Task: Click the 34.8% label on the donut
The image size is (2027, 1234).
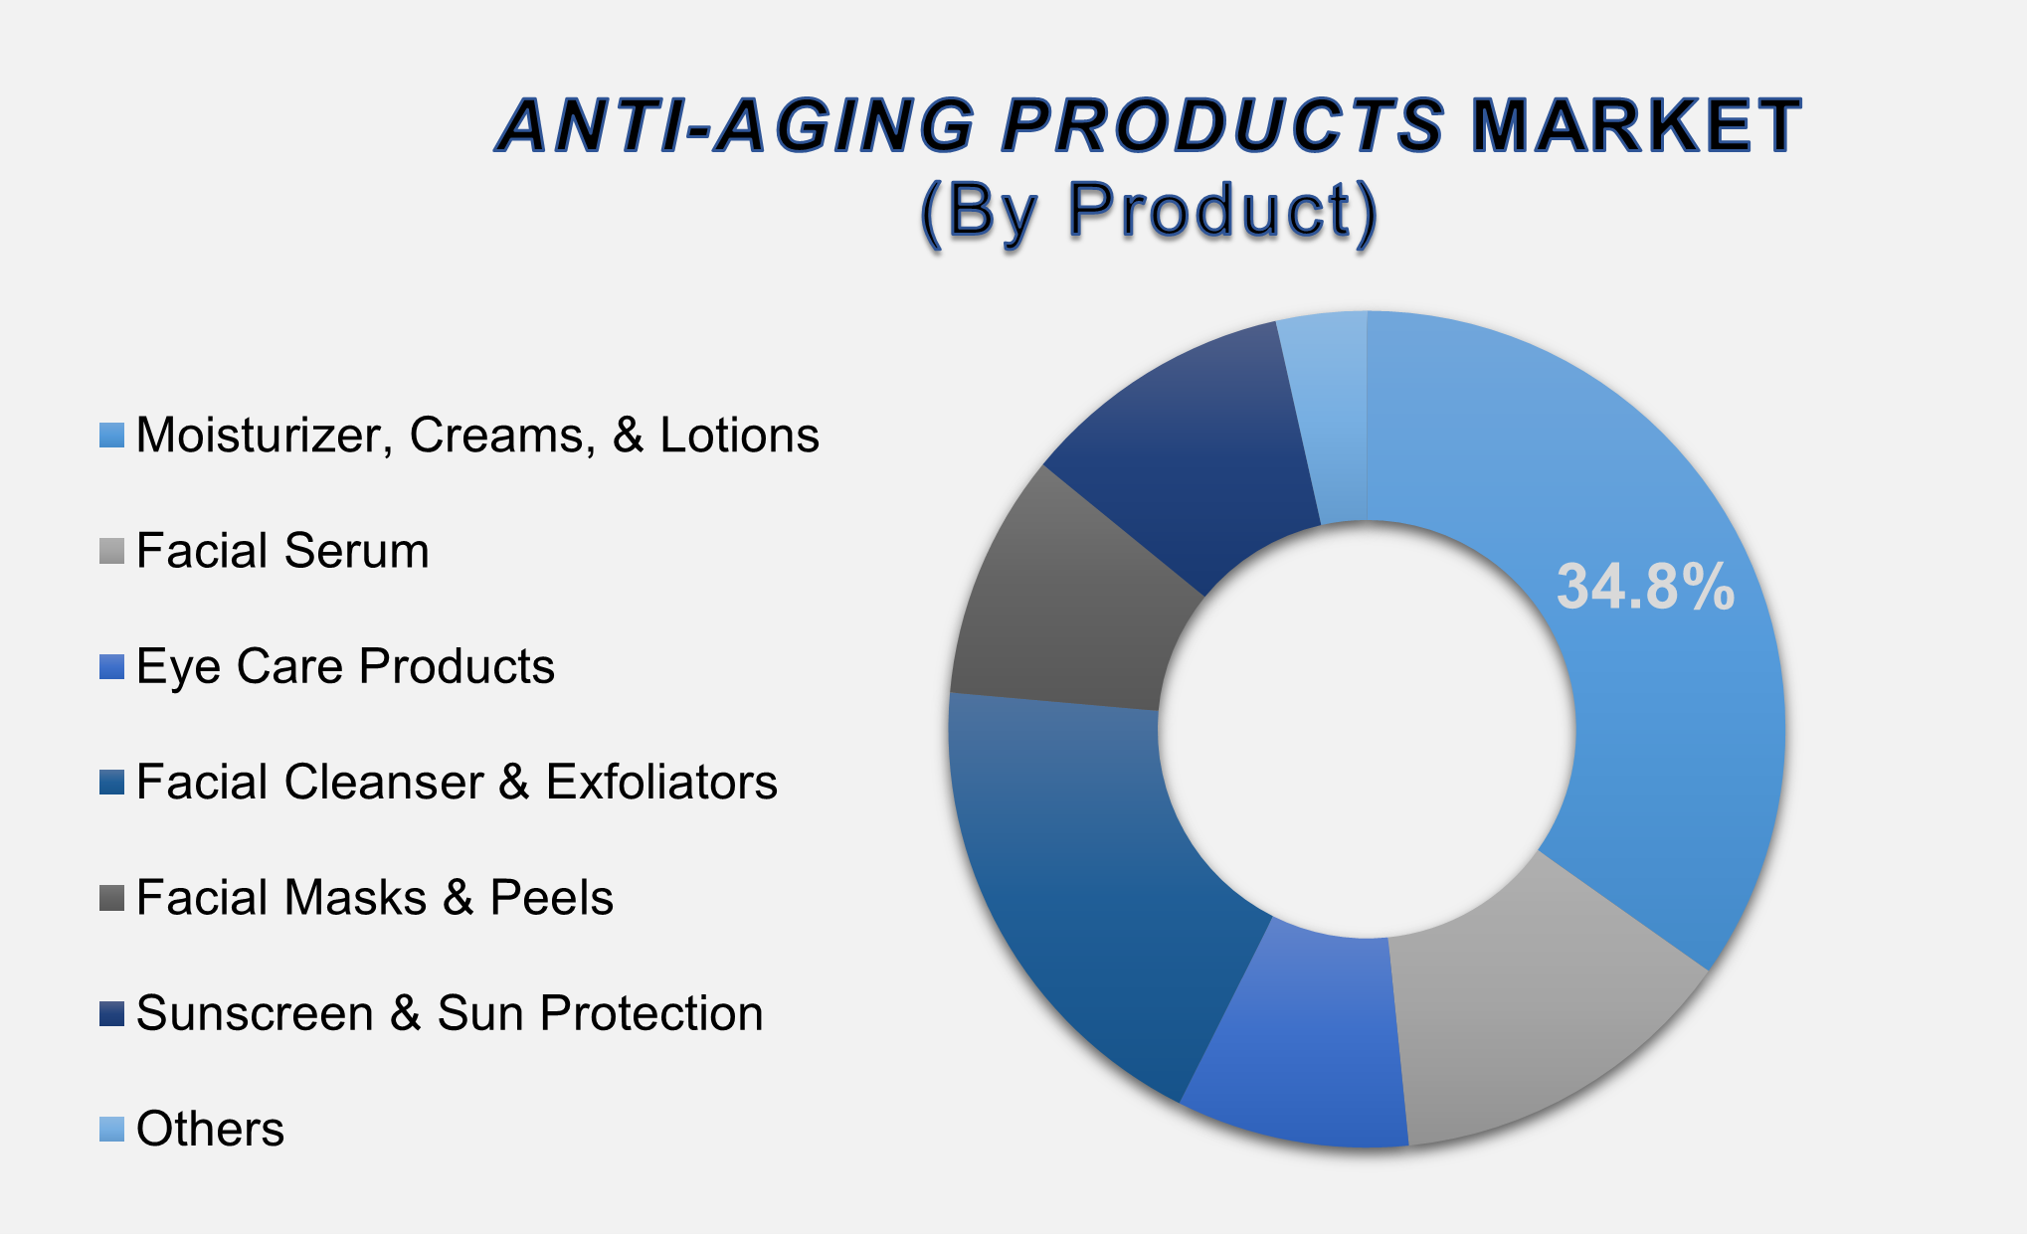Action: click(x=1645, y=587)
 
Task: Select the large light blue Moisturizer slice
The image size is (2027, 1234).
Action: click(x=1671, y=756)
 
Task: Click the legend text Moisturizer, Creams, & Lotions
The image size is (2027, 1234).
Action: click(x=477, y=436)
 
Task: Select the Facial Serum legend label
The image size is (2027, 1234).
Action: click(x=282, y=551)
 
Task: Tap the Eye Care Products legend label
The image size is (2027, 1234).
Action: click(x=345, y=666)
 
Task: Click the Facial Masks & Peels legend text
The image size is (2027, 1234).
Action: click(x=374, y=898)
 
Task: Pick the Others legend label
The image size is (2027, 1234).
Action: click(x=210, y=1130)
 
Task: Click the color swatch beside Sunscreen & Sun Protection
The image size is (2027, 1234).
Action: click(x=111, y=1013)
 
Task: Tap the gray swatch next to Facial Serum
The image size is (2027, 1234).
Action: click(x=111, y=551)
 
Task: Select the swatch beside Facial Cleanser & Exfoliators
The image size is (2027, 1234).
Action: click(x=111, y=783)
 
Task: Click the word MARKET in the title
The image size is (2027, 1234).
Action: click(x=1635, y=126)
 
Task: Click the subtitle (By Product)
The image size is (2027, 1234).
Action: click(x=1149, y=211)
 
